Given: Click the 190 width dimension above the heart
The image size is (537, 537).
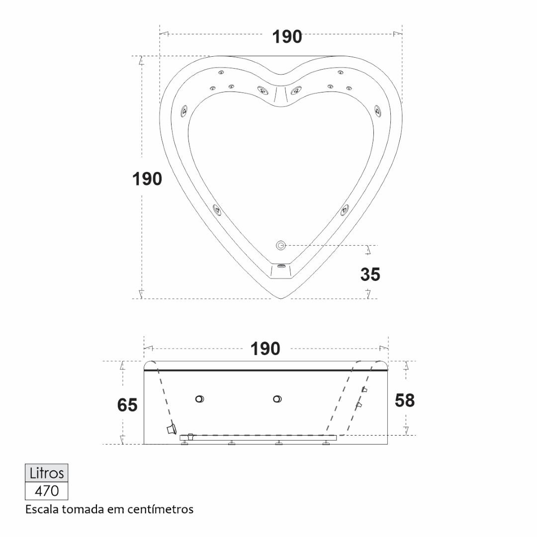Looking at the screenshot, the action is pyautogui.click(x=287, y=37).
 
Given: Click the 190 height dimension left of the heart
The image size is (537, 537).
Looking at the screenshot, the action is pyautogui.click(x=147, y=179).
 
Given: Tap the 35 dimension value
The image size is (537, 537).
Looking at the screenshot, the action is pyautogui.click(x=370, y=274).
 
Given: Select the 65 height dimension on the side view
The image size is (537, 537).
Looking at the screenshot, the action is pyautogui.click(x=127, y=405).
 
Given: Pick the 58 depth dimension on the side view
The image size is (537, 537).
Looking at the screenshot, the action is pyautogui.click(x=404, y=400).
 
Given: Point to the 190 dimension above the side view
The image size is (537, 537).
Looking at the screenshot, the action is pyautogui.click(x=265, y=349).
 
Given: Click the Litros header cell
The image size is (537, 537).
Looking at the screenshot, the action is pyautogui.click(x=47, y=473).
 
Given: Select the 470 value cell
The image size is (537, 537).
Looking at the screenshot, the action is pyautogui.click(x=47, y=491).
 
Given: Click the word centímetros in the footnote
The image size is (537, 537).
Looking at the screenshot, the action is pyautogui.click(x=160, y=509).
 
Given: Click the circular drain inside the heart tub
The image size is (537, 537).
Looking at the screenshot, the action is pyautogui.click(x=281, y=245).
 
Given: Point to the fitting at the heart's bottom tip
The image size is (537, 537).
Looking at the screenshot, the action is pyautogui.click(x=281, y=266).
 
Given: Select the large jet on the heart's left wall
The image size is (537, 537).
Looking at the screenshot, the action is pyautogui.click(x=184, y=110).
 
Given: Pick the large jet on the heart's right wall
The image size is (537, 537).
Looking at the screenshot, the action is pyautogui.click(x=378, y=110).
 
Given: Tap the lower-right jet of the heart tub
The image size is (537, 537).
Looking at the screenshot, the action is pyautogui.click(x=345, y=210).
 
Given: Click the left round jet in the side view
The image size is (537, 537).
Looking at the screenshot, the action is pyautogui.click(x=199, y=399).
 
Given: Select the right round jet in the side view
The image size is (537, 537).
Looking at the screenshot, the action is pyautogui.click(x=277, y=399).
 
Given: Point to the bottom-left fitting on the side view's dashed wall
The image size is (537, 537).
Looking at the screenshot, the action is pyautogui.click(x=171, y=429).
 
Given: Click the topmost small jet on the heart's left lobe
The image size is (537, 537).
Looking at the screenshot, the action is pyautogui.click(x=221, y=72).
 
